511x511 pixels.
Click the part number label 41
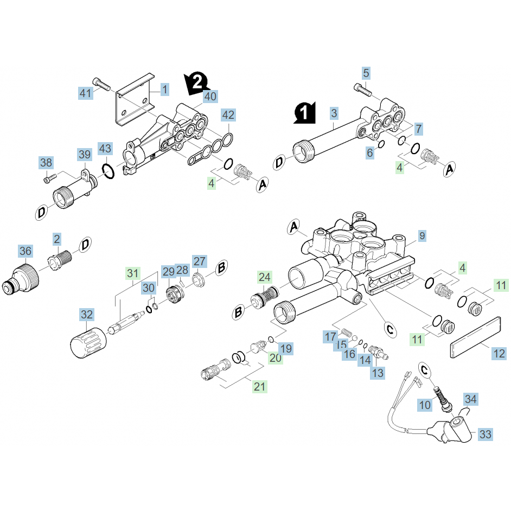(86, 93)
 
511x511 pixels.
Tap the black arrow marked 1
(305, 113)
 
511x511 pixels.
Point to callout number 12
(499, 354)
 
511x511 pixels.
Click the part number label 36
(25, 251)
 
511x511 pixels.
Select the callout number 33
(486, 434)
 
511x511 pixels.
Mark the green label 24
(264, 277)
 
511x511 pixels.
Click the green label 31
(133, 273)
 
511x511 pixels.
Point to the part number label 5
(366, 73)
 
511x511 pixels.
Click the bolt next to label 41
(101, 84)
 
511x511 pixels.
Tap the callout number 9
(423, 236)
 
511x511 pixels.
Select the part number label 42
(228, 114)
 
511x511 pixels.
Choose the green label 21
(260, 386)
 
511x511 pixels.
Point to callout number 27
(200, 261)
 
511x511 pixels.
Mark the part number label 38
(46, 162)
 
